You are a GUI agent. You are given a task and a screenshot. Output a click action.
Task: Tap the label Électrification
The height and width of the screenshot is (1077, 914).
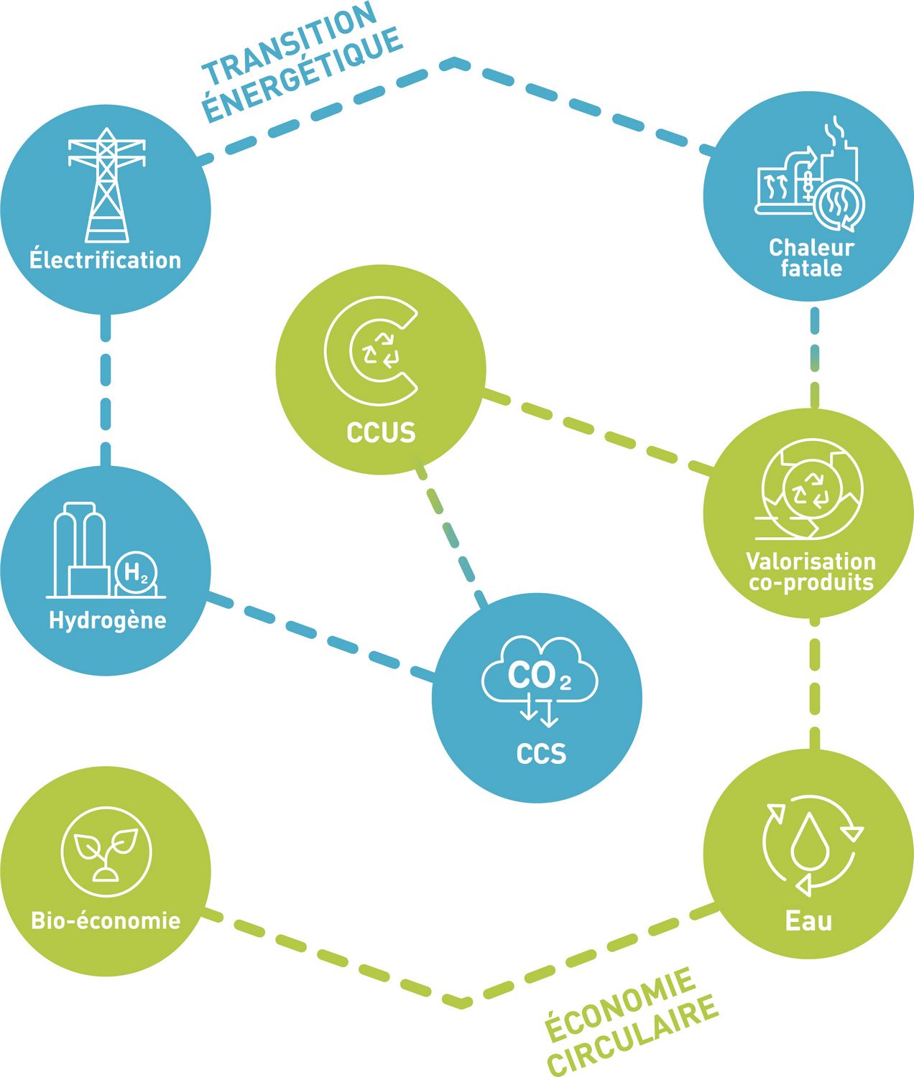106,260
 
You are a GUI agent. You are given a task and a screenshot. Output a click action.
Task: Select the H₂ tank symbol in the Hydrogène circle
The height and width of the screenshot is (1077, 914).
137,573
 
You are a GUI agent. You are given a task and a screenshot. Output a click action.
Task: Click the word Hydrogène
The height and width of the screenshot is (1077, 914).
107,620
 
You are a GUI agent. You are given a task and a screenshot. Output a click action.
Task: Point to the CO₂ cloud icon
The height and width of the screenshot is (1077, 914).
540,674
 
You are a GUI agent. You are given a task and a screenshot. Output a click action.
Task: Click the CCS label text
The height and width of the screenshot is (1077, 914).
541,754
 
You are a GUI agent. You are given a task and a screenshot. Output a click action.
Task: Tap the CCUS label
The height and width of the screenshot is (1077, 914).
381,433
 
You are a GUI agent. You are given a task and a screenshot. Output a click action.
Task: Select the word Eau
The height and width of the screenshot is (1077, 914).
809,920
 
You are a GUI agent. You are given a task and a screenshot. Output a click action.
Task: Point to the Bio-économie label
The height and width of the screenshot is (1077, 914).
106,920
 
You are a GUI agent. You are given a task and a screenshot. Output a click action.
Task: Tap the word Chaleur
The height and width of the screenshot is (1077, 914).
811,248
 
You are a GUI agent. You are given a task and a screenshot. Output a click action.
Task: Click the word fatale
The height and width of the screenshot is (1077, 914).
811,269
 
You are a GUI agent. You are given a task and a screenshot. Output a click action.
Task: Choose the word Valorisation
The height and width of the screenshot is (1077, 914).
811,561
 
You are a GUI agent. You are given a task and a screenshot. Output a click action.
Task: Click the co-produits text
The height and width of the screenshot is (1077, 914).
811,582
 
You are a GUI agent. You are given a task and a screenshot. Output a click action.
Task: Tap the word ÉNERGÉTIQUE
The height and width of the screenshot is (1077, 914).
303,75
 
